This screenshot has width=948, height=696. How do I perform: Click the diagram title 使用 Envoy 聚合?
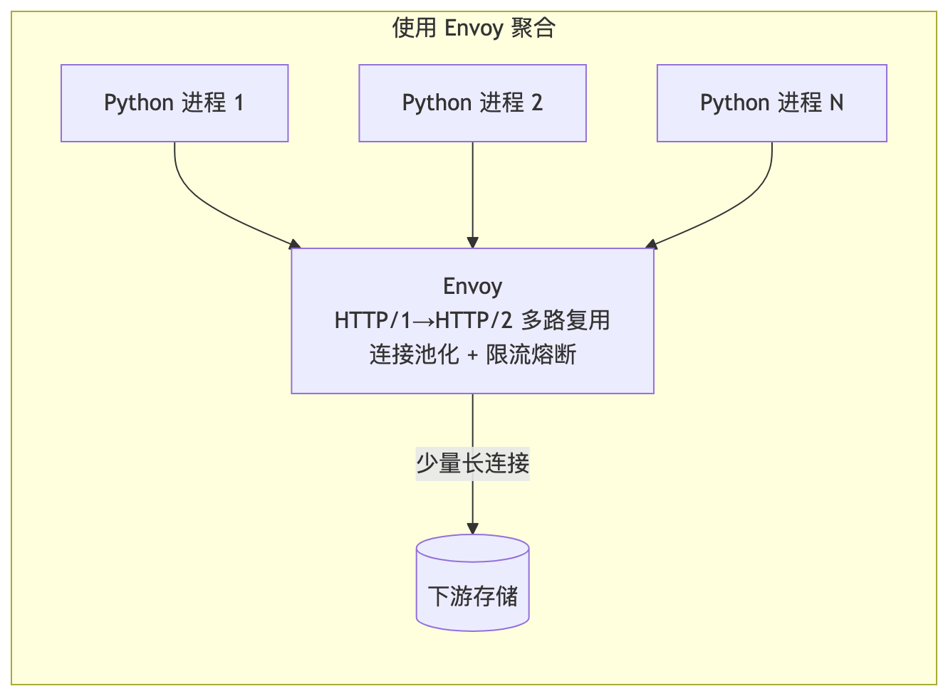coord(474,28)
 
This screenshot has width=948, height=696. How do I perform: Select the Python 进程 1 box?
coord(175,103)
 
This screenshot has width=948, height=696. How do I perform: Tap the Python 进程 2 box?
coord(472,103)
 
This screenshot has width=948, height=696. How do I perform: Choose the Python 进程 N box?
coord(771,103)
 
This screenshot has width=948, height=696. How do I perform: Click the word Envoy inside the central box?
coord(472,287)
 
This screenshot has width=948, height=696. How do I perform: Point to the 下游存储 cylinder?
coord(472,583)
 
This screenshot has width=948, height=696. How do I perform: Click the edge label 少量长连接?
coord(472,463)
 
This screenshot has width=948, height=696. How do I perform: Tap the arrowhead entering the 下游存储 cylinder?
coord(472,529)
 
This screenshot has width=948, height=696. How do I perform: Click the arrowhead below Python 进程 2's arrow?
coord(472,243)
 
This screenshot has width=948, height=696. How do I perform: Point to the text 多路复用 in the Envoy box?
coord(566,320)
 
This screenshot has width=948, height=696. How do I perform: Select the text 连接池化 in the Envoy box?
coord(414,354)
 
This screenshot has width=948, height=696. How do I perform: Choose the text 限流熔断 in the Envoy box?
coord(531,354)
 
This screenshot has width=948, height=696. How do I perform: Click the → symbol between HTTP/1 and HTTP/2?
coord(423,322)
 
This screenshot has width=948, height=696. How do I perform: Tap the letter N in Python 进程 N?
coord(836,102)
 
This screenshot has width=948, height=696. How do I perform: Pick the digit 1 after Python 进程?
coord(239,102)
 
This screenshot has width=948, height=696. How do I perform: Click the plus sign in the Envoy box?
coord(472,356)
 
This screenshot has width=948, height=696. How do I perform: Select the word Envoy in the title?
coord(474,28)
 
